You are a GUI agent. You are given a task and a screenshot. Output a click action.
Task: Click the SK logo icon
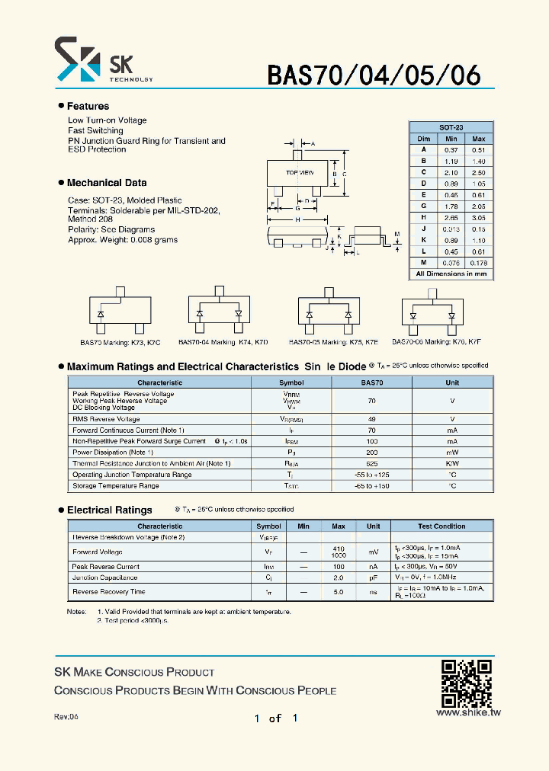tap(77, 60)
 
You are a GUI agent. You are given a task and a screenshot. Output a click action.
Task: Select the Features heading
tap(88, 106)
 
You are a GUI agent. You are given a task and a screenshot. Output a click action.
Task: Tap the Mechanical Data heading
tap(107, 183)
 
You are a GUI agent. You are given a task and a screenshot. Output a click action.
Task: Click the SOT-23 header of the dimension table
tap(451, 127)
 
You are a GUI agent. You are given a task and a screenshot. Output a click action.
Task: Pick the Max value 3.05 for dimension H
tap(478, 217)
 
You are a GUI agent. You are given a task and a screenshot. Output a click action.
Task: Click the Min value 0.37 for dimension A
tap(451, 150)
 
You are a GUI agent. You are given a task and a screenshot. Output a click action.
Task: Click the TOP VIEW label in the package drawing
tap(300, 173)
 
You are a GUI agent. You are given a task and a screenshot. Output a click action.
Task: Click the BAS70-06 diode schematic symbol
tap(433, 313)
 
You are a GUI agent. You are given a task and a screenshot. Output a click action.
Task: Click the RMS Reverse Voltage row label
tap(106, 419)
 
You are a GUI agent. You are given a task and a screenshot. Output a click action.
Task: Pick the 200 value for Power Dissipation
tap(372, 452)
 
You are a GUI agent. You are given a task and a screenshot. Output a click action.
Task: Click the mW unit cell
tap(452, 452)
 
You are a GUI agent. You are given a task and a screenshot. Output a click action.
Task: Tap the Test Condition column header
tap(441, 526)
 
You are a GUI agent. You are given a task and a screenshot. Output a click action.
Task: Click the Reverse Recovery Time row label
tap(108, 591)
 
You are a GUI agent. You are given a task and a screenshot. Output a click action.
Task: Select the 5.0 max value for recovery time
tap(339, 591)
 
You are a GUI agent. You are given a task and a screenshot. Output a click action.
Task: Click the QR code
tap(467, 683)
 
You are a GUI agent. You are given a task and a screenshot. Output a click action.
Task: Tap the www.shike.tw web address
tap(467, 713)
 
